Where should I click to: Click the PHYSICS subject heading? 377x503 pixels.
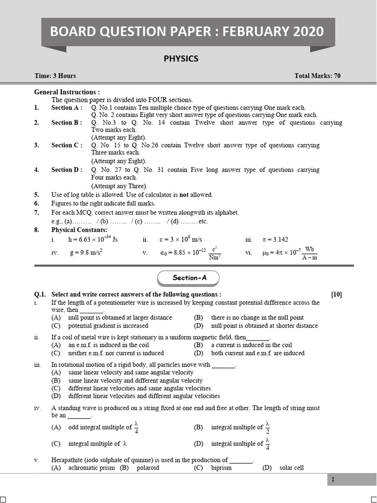coord(181,58)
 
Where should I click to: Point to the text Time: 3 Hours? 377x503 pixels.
coord(55,76)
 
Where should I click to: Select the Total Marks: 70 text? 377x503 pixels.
coord(317,76)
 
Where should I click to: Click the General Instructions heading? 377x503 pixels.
coord(67,92)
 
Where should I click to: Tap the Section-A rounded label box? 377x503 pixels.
coord(189,278)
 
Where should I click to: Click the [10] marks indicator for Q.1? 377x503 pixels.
coord(336,295)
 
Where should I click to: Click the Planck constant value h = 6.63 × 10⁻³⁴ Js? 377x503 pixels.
coord(92,240)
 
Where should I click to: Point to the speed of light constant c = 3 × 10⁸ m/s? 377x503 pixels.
coord(180,240)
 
